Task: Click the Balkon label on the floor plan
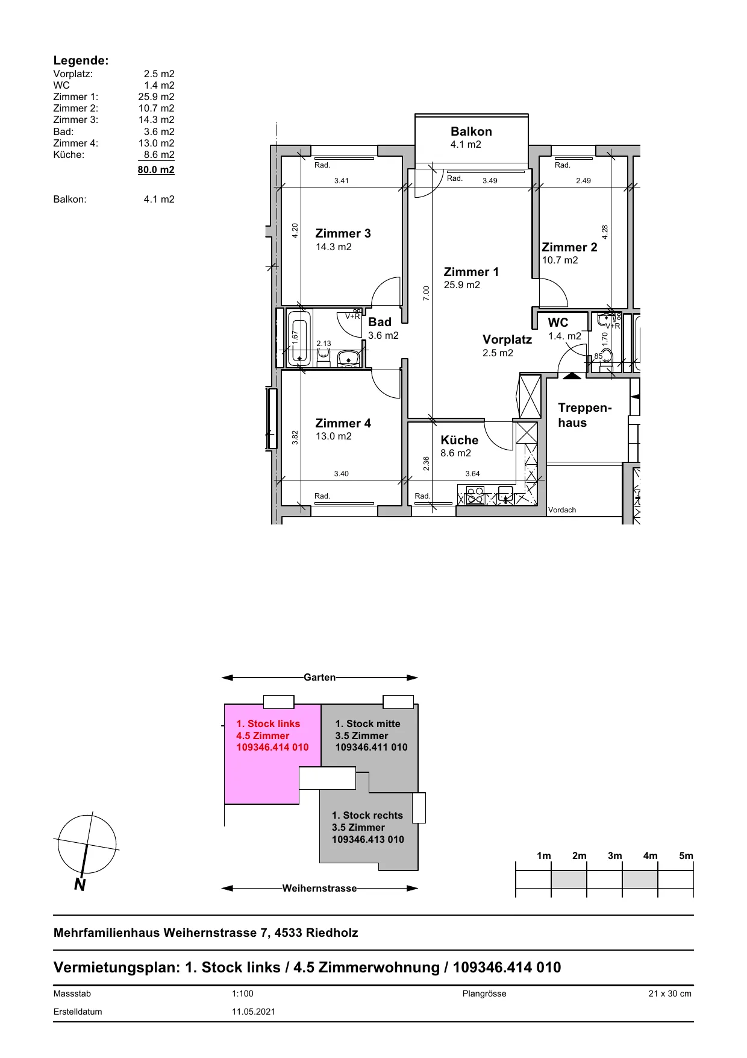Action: [x=471, y=131]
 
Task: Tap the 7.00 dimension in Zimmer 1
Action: [x=427, y=293]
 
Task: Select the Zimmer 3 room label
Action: [x=343, y=233]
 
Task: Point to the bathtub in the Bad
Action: [x=299, y=338]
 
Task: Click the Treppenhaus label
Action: [x=584, y=415]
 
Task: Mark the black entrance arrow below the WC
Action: [x=572, y=376]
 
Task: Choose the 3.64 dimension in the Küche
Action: [x=473, y=474]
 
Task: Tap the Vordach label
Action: [x=562, y=510]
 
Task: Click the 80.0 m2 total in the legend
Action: [x=156, y=169]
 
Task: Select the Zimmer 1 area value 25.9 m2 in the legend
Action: [x=156, y=96]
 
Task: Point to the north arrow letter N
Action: [x=80, y=884]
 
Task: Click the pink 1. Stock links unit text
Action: [x=272, y=735]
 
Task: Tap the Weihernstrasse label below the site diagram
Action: [x=319, y=888]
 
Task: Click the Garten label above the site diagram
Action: [x=319, y=678]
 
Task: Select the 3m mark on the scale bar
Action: [x=614, y=855]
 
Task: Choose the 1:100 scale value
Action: [x=243, y=993]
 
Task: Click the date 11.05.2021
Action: [x=254, y=1012]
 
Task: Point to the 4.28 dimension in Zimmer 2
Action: [x=605, y=232]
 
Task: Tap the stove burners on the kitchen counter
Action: [x=475, y=496]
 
